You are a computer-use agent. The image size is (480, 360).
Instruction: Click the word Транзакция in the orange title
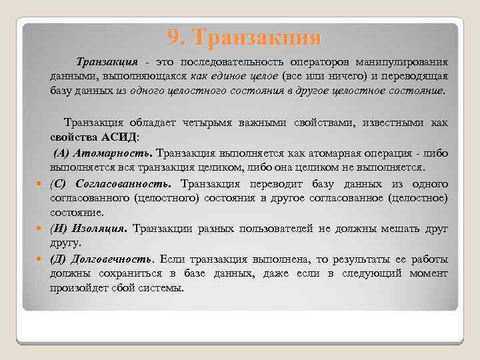255,37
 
